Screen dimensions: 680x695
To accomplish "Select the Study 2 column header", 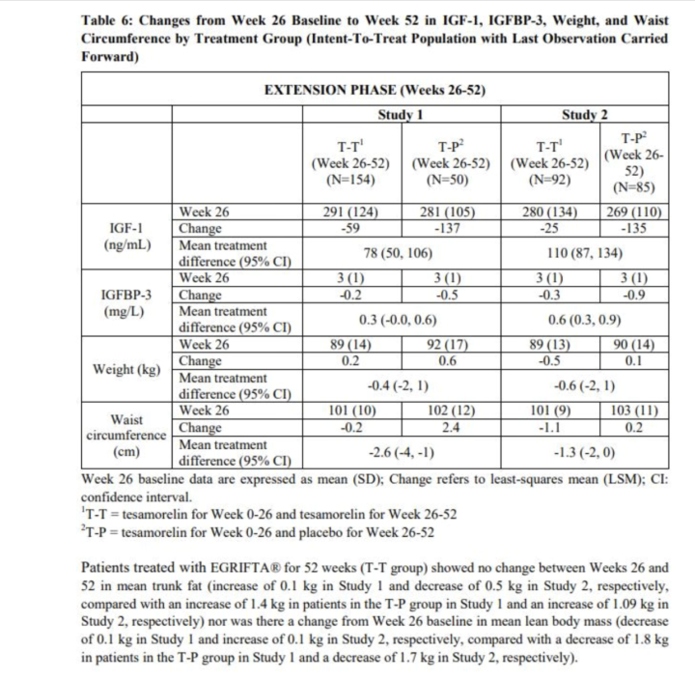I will pyautogui.click(x=584, y=114).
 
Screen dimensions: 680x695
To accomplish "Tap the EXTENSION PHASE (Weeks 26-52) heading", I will pyautogui.click(x=374, y=90).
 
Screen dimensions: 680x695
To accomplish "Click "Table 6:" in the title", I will pyautogui.click(x=109, y=20).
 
